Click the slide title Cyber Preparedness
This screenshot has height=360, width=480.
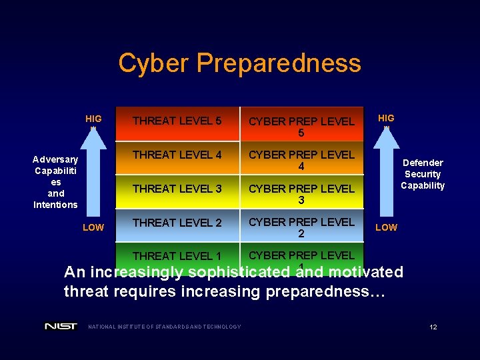[239, 63]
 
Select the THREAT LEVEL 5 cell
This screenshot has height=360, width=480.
[177, 121]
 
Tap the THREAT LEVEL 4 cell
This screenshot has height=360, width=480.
[177, 155]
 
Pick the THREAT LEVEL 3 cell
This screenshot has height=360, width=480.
[177, 189]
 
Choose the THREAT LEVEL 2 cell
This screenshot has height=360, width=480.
[177, 223]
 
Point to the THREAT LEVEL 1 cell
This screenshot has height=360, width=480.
[177, 256]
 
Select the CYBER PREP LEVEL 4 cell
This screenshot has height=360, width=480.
[301, 160]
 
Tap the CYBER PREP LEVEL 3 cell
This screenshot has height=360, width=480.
[301, 194]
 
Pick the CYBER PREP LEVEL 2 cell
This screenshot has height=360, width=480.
[301, 227]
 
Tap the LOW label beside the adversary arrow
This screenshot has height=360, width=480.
[93, 227]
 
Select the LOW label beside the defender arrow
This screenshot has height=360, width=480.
[387, 227]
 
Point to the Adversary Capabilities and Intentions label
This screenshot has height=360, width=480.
[55, 182]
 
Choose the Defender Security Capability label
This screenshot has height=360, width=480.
[423, 174]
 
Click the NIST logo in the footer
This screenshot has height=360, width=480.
[61, 327]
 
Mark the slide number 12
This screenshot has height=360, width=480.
[433, 327]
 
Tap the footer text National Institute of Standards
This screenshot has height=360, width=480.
[165, 327]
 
